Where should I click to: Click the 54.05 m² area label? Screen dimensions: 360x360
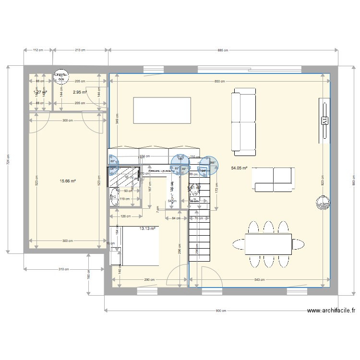click(x=239, y=168)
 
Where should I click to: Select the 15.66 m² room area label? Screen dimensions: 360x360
click(x=68, y=181)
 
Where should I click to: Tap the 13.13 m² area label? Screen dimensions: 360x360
click(x=147, y=229)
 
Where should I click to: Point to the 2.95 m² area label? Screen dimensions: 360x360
click(x=80, y=92)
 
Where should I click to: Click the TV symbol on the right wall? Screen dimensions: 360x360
click(x=324, y=120)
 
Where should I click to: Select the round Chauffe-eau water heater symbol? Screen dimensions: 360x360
click(x=60, y=77)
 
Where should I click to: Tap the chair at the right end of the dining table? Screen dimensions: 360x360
click(x=299, y=244)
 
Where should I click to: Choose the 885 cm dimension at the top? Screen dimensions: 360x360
click(x=223, y=50)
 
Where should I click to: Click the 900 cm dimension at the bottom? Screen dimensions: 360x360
click(x=221, y=311)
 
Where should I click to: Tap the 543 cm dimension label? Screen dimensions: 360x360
click(x=260, y=279)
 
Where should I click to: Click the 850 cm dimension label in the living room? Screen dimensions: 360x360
click(x=219, y=82)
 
